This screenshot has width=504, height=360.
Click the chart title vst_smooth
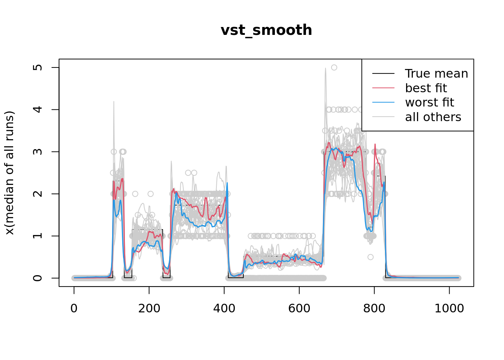pos(266,30)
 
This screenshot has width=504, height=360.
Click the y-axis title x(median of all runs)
pos(9,173)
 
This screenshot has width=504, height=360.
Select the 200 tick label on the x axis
pos(149,308)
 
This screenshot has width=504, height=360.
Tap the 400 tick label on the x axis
pos(224,308)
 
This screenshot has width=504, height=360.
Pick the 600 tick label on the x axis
pos(299,308)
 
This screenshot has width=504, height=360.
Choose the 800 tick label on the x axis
pos(374,308)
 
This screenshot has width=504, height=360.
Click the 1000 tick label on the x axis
pos(449,308)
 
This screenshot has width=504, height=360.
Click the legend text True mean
pos(436,73)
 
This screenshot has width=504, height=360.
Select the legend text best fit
pos(426,88)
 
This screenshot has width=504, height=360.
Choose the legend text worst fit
pos(429,102)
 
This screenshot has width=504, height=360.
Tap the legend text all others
pos(433,117)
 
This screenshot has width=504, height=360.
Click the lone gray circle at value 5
pos(334,67)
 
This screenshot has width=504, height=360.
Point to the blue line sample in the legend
pos(383,102)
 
